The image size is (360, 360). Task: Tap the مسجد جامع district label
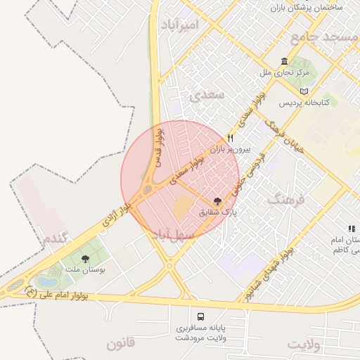tap(326, 37)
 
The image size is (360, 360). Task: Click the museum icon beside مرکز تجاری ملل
tap(283, 62)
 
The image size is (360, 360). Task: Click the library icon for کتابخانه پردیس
tap(304, 91)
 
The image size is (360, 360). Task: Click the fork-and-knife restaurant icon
tap(230, 139)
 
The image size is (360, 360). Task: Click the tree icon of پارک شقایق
tap(217, 200)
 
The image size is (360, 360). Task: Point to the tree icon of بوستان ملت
tap(85, 259)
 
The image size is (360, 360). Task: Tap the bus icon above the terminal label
tap(201, 316)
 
